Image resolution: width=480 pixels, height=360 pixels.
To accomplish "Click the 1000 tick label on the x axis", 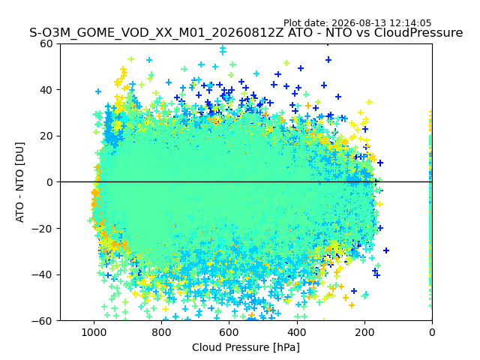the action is click(94, 332).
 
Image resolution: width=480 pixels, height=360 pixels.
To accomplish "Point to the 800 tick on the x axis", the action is click(162, 332).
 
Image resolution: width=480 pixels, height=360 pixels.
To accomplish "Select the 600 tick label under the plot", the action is click(229, 332).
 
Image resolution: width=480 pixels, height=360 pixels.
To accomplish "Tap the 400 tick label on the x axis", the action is click(297, 332).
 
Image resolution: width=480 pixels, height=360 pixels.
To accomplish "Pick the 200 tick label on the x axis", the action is click(364, 332).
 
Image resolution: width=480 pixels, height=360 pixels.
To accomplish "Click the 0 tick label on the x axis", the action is click(432, 332).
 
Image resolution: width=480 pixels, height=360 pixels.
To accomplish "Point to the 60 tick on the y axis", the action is click(46, 43).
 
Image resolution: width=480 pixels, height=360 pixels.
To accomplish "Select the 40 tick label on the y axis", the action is click(46, 90).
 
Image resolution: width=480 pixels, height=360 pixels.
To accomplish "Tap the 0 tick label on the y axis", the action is click(49, 182).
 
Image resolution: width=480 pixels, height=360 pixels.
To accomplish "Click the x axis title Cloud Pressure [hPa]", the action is click(246, 347).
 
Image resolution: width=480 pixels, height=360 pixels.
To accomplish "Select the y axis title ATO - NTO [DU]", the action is click(20, 182).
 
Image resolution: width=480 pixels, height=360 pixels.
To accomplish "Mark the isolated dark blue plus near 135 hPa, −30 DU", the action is click(386, 250).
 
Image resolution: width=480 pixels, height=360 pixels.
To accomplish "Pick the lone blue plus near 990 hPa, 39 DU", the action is click(98, 91).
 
